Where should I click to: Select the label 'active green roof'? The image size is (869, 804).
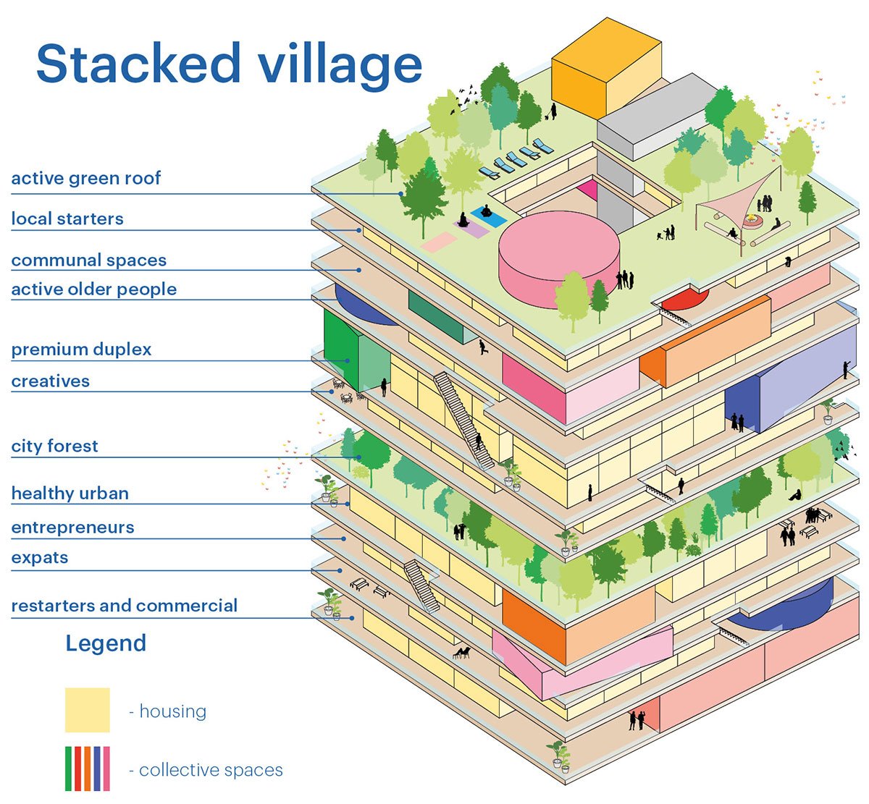pos(86,179)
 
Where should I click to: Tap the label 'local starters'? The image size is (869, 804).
pos(67,219)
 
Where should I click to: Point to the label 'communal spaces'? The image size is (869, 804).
pos(89,261)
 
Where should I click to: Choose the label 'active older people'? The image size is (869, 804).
pos(94,289)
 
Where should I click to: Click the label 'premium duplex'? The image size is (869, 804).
pos(81,350)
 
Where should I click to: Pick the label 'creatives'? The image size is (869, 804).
pos(50,381)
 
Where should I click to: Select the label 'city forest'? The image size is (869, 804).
pos(55,447)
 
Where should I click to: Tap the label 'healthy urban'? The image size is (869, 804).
pos(70,494)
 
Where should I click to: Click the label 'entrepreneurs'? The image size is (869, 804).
pos(72,528)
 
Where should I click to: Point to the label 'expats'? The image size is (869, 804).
pos(40,558)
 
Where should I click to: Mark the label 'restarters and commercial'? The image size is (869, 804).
pos(125,606)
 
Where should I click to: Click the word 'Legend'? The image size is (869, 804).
pos(106,643)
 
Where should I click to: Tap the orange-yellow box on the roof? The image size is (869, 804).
pos(605,70)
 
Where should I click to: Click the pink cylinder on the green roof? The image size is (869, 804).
pos(559,259)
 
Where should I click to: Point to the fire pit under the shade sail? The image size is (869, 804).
pos(752,221)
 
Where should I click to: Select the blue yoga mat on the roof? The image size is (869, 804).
pos(489,216)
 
